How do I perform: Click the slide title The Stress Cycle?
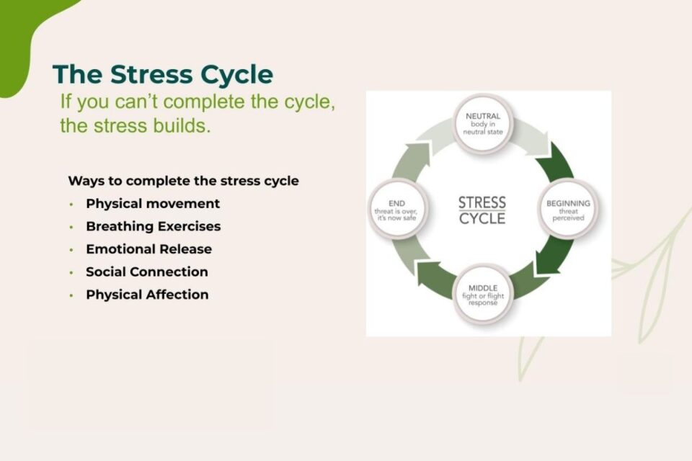pyautogui.click(x=162, y=75)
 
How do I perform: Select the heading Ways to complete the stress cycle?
pyautogui.click(x=183, y=181)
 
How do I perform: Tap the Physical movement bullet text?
pyautogui.click(x=153, y=204)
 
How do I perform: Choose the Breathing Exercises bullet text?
pyautogui.click(x=153, y=226)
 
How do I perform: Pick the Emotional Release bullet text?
pyautogui.click(x=148, y=249)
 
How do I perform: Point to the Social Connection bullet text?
pyautogui.click(x=147, y=272)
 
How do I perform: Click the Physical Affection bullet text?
pyautogui.click(x=147, y=295)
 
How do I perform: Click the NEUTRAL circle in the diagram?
pyautogui.click(x=483, y=123)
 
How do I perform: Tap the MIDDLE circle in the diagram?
pyautogui.click(x=483, y=295)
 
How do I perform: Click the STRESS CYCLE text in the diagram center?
pyautogui.click(x=482, y=210)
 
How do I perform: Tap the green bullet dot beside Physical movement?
pyautogui.click(x=71, y=204)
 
